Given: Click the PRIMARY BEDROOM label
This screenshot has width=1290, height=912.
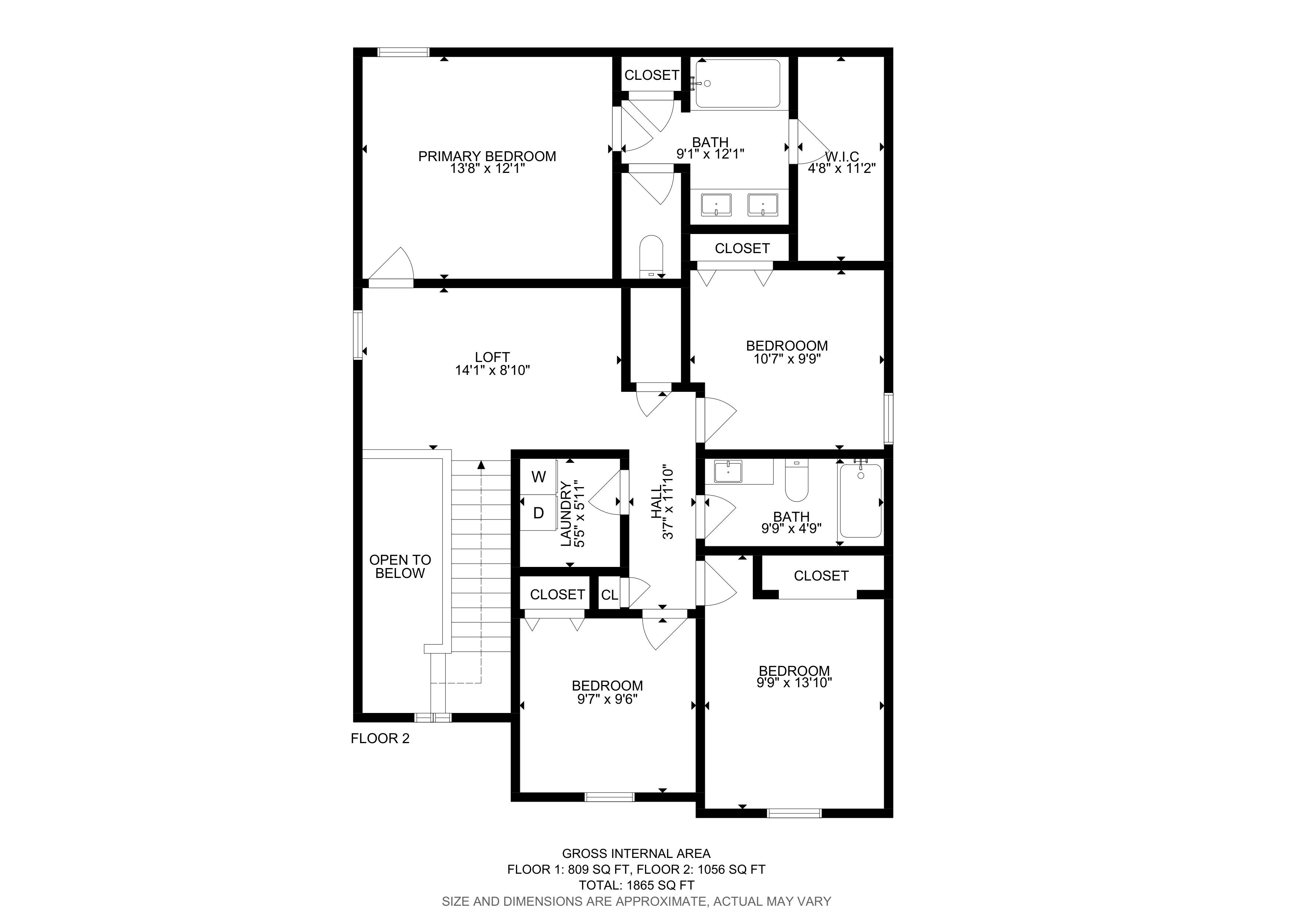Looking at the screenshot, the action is (487, 156).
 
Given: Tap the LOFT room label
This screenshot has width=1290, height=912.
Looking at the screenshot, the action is (492, 357).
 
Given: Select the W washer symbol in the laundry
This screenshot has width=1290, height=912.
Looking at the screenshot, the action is (538, 477).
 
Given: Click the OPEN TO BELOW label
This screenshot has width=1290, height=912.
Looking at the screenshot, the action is (400, 567).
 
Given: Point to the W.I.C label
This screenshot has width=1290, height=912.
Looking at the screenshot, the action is (842, 157).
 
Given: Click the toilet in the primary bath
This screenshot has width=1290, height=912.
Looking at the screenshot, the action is (652, 256).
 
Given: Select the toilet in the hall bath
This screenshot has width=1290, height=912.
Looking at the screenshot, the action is (796, 480).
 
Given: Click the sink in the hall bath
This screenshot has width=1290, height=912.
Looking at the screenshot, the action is (728, 472).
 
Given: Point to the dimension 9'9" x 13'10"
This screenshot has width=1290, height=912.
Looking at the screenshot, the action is (794, 683).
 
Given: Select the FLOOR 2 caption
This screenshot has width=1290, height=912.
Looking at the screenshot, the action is (380, 738).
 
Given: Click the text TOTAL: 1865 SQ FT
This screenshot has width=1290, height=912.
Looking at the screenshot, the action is (637, 885).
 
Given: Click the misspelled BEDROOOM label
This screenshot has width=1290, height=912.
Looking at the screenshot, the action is (787, 345).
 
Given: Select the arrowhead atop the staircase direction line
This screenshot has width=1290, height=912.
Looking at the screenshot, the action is (481, 464).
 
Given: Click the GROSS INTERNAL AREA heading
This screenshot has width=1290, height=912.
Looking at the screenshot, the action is (637, 854).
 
